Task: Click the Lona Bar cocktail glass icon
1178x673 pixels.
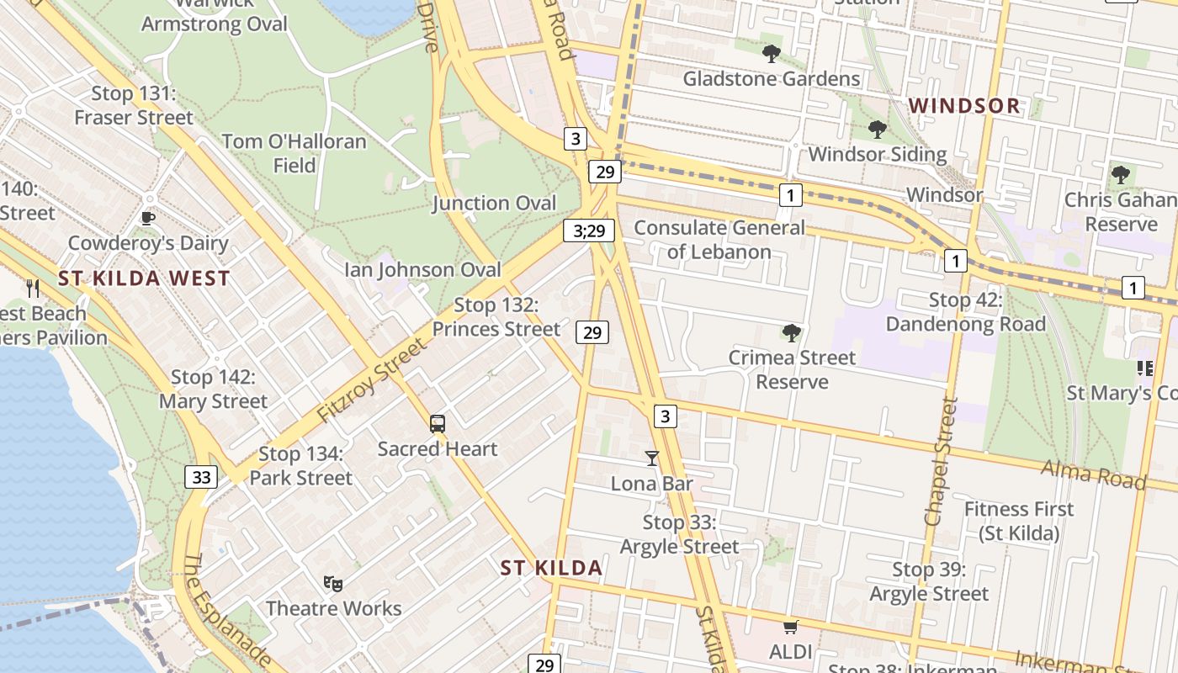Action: (651, 458)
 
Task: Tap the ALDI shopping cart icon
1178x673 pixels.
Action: (790, 628)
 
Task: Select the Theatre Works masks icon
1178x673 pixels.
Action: (333, 583)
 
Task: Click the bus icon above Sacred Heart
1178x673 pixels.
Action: (438, 424)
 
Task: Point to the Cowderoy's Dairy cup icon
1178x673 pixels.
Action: (148, 219)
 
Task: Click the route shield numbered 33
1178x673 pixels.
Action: (201, 478)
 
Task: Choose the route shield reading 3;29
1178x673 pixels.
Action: (589, 231)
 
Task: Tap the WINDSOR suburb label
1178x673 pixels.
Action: (965, 106)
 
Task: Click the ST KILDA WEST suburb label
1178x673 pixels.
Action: (144, 278)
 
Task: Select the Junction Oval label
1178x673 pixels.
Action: (494, 204)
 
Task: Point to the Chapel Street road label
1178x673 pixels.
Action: (941, 461)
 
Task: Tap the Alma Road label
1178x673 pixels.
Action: (1094, 474)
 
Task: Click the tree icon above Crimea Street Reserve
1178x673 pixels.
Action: (791, 333)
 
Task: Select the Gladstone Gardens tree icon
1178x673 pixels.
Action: (771, 55)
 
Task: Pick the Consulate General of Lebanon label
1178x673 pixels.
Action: (719, 240)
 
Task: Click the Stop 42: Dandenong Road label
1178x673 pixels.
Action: (965, 312)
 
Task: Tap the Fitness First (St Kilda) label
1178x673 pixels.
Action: (1018, 521)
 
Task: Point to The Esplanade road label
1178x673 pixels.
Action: (225, 610)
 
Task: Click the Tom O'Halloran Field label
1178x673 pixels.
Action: (294, 153)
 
